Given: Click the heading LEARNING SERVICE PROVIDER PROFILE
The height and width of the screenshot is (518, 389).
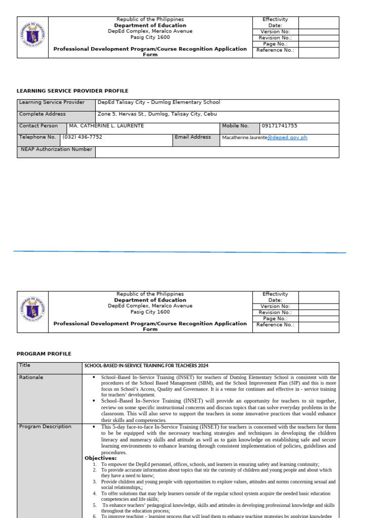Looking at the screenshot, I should (72, 91).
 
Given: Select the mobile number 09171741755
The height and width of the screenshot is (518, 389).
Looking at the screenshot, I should (279, 126).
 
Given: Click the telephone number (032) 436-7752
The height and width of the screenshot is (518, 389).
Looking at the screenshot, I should (82, 137).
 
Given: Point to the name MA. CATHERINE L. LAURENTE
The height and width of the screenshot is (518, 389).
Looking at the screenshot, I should (106, 126).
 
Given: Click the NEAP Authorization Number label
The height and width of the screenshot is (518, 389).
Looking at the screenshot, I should (56, 150).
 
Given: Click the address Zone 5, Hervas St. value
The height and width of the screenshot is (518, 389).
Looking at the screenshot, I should (157, 114).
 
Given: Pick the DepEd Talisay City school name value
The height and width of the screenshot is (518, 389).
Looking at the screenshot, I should (159, 102).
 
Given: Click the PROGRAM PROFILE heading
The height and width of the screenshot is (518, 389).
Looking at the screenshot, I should (44, 354).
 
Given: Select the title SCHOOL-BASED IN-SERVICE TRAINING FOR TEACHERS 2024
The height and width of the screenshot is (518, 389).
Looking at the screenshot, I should (146, 366).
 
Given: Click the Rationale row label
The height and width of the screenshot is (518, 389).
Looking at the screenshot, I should (31, 377).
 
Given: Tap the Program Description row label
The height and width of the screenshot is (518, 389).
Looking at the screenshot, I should (45, 427).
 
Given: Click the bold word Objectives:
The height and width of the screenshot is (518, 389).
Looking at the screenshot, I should (100, 458).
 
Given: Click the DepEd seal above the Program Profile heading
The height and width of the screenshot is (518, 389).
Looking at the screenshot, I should (32, 311).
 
